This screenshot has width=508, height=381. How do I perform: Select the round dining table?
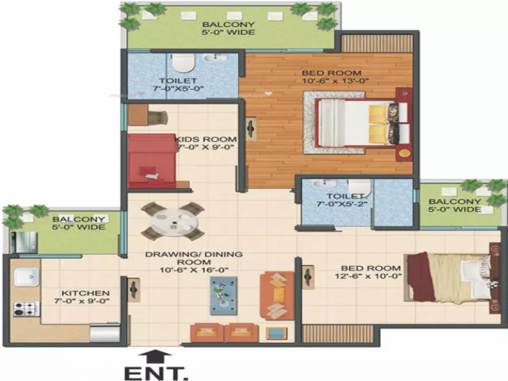(x=174, y=220)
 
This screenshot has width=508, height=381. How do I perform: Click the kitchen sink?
(x=27, y=278)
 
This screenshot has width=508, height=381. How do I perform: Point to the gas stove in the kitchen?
(x=25, y=309)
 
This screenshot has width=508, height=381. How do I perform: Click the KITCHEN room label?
(x=86, y=293)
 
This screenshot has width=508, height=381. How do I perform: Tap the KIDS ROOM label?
(x=206, y=139)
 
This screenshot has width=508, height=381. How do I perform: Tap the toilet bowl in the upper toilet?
(x=183, y=63)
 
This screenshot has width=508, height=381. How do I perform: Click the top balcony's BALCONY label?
(x=228, y=24)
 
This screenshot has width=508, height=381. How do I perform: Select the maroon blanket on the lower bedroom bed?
(x=419, y=277)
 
